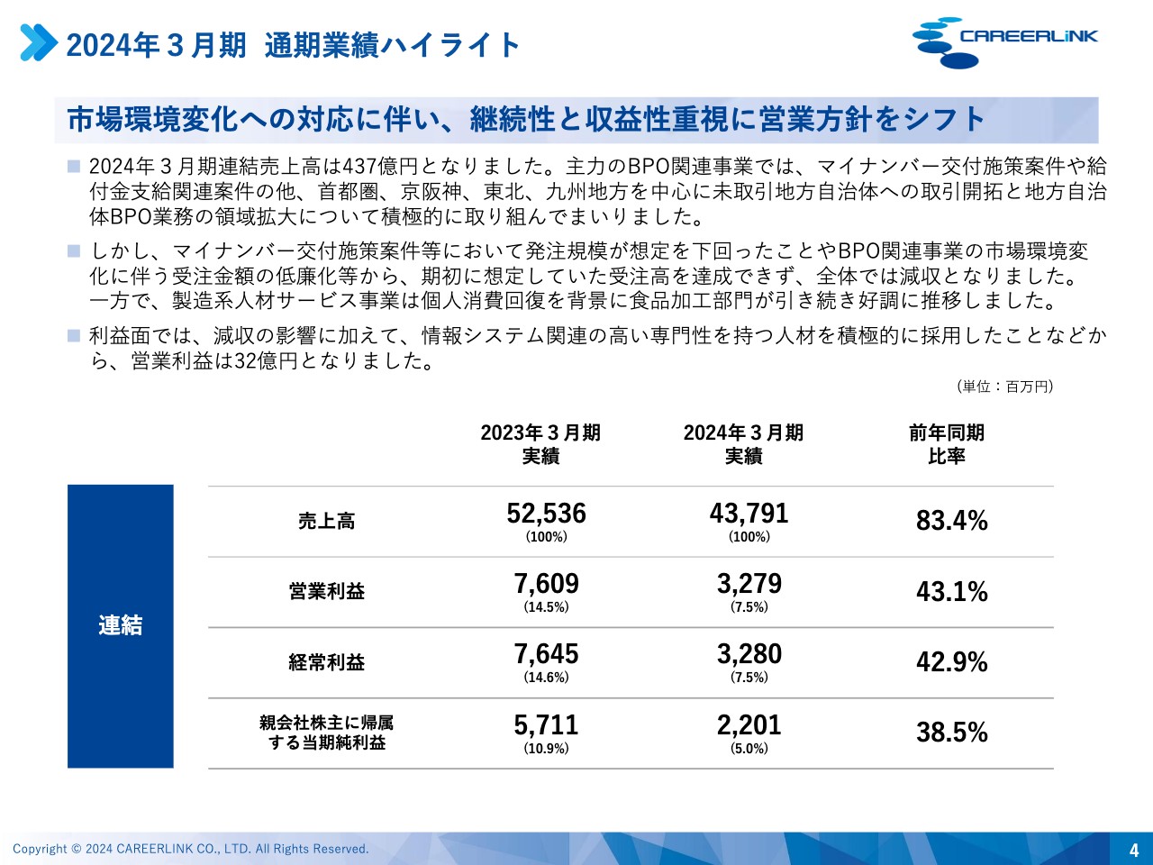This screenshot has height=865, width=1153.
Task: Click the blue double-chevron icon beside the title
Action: click(39, 43)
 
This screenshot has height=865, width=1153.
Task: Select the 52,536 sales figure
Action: click(546, 514)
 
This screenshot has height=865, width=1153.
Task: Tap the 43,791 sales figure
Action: click(749, 514)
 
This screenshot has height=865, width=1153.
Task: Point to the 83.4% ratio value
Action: click(951, 521)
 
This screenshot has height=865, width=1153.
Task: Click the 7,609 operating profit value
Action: click(546, 584)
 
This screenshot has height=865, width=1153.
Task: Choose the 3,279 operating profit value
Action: click(749, 584)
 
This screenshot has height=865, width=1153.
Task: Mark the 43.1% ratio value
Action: click(951, 592)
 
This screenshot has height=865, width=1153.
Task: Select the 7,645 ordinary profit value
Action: click(546, 654)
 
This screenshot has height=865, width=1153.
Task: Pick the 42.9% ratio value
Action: click(951, 662)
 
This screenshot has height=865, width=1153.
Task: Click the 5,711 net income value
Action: click(546, 725)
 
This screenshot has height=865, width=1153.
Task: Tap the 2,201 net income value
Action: click(749, 725)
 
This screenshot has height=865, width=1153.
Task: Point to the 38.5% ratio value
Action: click(951, 733)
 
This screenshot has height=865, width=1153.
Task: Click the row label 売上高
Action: click(326, 522)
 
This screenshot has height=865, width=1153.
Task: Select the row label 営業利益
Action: click(326, 592)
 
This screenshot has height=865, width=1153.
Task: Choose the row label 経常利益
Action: click(326, 662)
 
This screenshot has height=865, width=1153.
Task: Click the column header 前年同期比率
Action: click(946, 444)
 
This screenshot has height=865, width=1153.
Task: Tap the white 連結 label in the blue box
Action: click(120, 625)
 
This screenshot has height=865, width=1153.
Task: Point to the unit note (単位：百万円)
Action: click(1004, 387)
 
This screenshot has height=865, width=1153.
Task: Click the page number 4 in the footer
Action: click(1134, 850)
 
